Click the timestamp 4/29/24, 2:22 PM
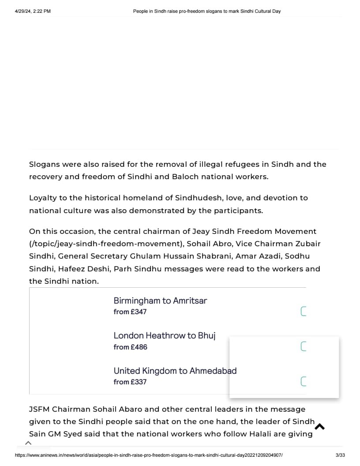pyautogui.click(x=33, y=11)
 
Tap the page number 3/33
pyautogui.click(x=340, y=455)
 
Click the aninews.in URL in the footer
pyautogui.click(x=149, y=455)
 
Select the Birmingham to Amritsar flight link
pyautogui.click(x=160, y=301)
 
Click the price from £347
pyautogui.click(x=130, y=312)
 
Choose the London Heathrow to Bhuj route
pyautogui.click(x=165, y=336)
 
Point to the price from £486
pyautogui.click(x=130, y=347)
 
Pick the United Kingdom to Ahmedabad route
pyautogui.click(x=175, y=371)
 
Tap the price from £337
pyautogui.click(x=130, y=382)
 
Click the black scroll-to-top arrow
pyautogui.click(x=320, y=426)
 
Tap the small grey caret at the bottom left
pyautogui.click(x=28, y=443)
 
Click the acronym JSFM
pyautogui.click(x=39, y=410)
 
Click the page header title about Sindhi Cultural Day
pyautogui.click(x=207, y=11)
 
